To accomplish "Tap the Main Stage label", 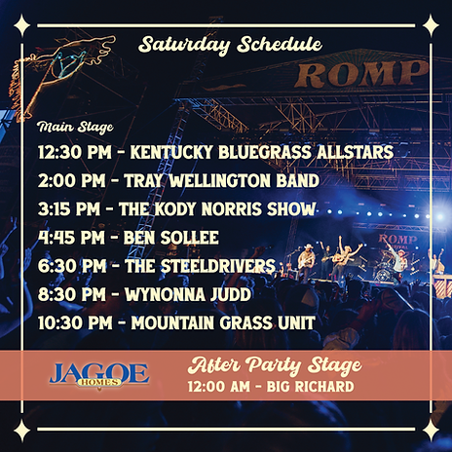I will pos(74,128).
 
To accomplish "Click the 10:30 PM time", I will pos(73,322).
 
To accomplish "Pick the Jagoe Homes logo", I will pos(98,374).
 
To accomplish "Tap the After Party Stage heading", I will pos(275,366).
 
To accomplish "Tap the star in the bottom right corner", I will pos(430,430).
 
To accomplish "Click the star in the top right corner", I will pos(430,22).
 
